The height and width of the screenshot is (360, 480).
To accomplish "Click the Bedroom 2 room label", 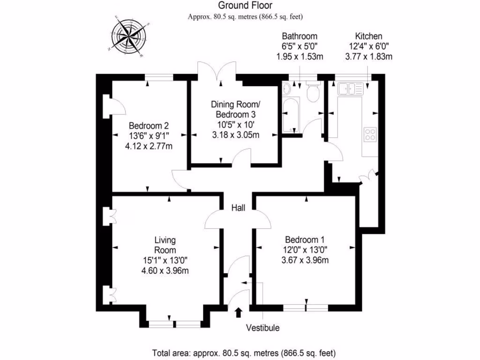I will click(149, 126).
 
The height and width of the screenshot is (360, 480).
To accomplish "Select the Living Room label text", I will click(165, 245).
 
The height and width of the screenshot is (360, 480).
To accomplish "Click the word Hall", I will click(238, 208).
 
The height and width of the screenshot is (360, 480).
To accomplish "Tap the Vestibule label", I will click(262, 328).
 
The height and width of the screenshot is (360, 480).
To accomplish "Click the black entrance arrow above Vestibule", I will click(238, 312).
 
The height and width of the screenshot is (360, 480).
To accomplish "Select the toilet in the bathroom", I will click(312, 93).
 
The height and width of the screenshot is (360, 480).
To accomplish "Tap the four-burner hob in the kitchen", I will click(370, 135).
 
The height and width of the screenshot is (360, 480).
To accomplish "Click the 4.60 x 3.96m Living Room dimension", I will click(165, 270).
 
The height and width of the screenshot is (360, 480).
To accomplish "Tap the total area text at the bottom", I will click(244, 352).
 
